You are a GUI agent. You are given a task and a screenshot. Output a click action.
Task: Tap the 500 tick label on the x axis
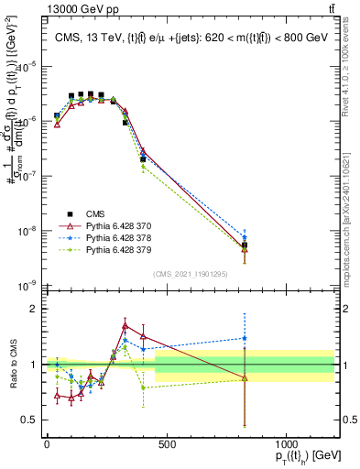(x=166, y=444)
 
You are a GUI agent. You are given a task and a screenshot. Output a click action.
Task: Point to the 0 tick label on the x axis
(x=47, y=444)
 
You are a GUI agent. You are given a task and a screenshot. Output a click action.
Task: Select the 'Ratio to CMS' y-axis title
(x=13, y=365)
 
